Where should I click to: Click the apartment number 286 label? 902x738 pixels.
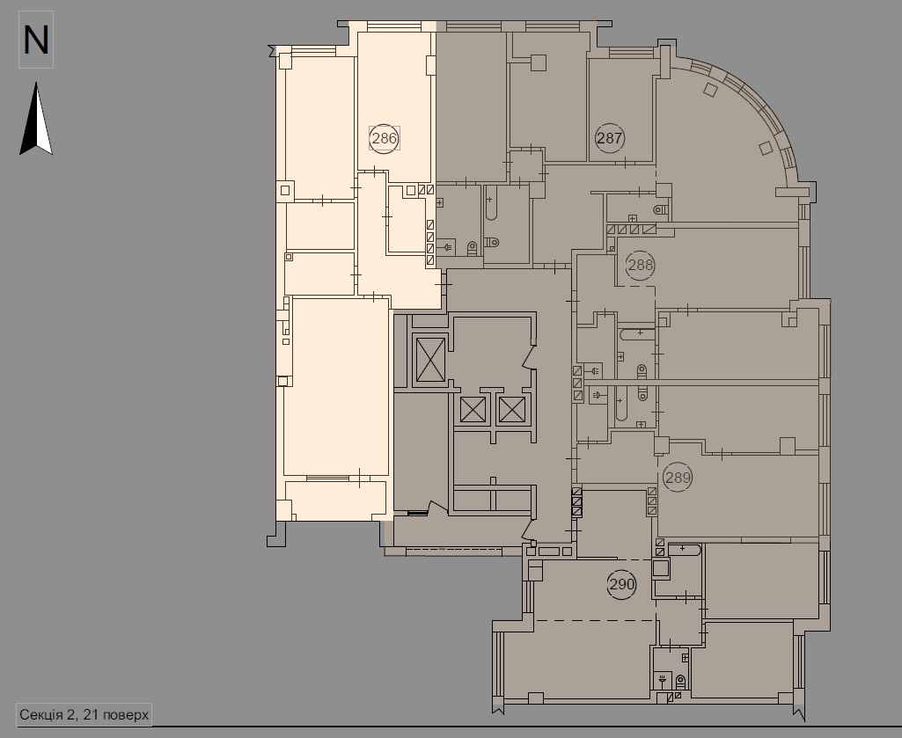coord(385,138)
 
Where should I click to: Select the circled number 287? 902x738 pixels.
coord(610,137)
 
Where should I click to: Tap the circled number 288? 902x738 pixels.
coord(640,264)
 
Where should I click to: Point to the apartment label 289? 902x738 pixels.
coord(678,478)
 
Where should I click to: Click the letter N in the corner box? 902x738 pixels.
coord(36,40)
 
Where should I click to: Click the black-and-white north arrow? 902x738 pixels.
coord(36,120)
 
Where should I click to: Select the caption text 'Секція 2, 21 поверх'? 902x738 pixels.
coord(84,713)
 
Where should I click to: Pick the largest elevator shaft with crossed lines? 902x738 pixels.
coord(430,361)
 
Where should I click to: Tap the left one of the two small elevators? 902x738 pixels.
coord(473,410)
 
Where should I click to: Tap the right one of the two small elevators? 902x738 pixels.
coord(511,410)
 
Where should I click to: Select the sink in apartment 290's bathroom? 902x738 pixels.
coord(661,679)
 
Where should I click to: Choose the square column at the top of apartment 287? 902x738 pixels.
coord(539,62)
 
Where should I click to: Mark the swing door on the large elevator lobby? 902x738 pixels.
coord(529,355)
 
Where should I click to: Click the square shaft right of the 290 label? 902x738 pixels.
coord(662,568)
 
